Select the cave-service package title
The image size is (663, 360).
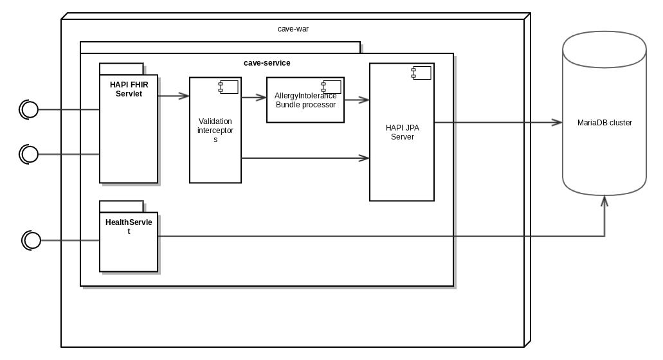point(267,63)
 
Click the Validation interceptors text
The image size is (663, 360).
point(215,130)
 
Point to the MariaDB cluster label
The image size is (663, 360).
point(604,123)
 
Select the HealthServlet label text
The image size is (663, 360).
point(129,226)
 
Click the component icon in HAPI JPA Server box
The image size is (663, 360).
point(421,73)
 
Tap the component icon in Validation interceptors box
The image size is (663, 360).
point(228,87)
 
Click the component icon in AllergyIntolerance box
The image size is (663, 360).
point(331,87)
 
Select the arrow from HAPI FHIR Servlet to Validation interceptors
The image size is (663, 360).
point(174,96)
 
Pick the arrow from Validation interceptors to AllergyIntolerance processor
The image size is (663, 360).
point(254,98)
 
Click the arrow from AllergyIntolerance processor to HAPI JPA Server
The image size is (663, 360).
point(357,100)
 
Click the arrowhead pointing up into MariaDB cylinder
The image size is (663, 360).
point(604,201)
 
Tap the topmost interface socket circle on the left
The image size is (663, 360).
point(30,110)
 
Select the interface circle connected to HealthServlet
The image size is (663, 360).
point(32,240)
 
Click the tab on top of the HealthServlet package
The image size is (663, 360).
point(122,206)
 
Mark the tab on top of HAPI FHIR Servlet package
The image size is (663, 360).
point(122,69)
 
